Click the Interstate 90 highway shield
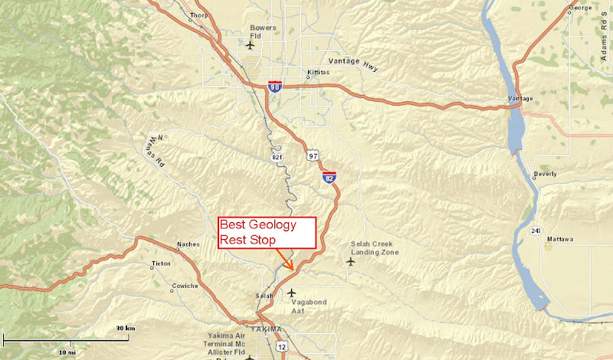click(274, 87)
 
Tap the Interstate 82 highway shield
click(329, 177)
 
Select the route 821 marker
click(275, 156)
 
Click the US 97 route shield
click(313, 155)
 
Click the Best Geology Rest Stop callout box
click(267, 232)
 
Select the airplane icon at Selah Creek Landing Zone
click(351, 262)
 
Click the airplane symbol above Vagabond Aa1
click(290, 292)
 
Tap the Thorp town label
click(199, 15)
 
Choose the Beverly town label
click(545, 174)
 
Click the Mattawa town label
click(559, 240)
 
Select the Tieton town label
click(162, 263)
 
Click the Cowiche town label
click(184, 286)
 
